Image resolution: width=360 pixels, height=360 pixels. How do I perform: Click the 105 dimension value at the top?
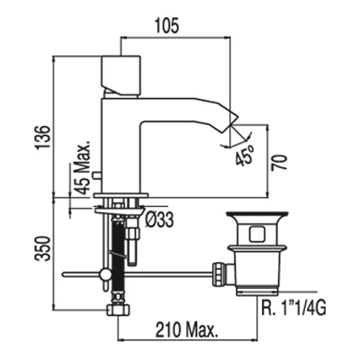pyautogui.click(x=166, y=25)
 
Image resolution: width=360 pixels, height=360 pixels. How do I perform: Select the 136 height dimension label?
pyautogui.click(x=42, y=138)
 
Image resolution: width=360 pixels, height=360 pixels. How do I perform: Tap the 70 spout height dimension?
pyautogui.click(x=279, y=163)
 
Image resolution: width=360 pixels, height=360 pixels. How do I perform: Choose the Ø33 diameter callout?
pyautogui.click(x=159, y=220)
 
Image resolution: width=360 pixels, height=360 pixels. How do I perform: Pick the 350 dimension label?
pyautogui.click(x=42, y=248)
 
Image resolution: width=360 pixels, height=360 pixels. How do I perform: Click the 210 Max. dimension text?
pyautogui.click(x=186, y=330)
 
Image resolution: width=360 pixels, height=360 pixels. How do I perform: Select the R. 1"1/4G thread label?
pyautogui.click(x=293, y=308)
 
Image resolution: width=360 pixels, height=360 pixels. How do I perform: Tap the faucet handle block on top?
pyautogui.click(x=121, y=75)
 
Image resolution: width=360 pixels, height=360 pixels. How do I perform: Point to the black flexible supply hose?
pyautogui.click(x=118, y=256)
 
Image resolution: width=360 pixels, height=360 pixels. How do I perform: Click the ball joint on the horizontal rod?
pyautogui.click(x=105, y=274)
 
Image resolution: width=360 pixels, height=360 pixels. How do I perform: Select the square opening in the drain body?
pyautogui.click(x=258, y=234)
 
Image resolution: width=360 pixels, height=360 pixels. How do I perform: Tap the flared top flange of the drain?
pyautogui.click(x=257, y=215)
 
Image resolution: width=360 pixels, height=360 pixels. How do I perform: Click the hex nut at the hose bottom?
pyautogui.click(x=118, y=310)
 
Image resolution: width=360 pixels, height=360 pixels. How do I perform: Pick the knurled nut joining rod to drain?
pyautogui.click(x=218, y=274)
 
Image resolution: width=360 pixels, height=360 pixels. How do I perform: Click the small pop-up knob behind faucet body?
pyautogui.click(x=97, y=175)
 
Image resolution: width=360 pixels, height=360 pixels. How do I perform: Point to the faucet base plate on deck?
pyautogui.click(x=121, y=196)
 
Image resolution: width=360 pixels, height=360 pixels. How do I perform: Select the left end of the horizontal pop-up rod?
pyautogui.click(x=63, y=274)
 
